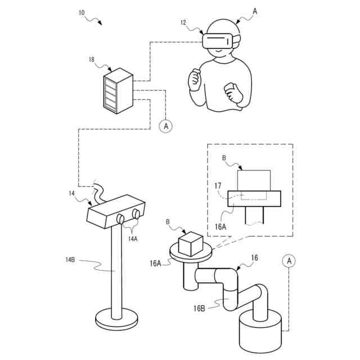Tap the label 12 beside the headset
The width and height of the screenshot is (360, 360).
click(x=184, y=22)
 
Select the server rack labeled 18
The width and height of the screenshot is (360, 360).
click(x=117, y=92)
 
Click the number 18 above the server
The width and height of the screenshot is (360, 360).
click(x=92, y=59)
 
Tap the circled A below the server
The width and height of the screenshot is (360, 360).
click(x=165, y=126)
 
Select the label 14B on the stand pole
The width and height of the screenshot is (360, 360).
click(x=71, y=259)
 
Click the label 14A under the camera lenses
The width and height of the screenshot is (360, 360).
click(x=133, y=239)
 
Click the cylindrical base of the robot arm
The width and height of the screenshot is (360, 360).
click(x=260, y=335)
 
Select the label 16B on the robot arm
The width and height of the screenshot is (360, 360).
click(x=200, y=308)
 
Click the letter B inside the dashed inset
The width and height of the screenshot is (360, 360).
click(x=224, y=159)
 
